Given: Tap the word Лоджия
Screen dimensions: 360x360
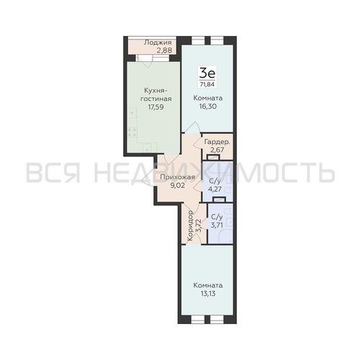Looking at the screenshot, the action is coord(158,42).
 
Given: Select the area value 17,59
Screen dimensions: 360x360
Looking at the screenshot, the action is coord(156,107).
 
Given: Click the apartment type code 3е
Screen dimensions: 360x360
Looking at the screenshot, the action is coord(207,73).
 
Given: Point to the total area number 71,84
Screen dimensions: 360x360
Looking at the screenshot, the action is coord(207,84).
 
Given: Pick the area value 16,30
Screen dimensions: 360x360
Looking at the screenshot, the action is coord(208,106).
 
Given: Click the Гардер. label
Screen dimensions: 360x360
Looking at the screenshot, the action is coord(217,142).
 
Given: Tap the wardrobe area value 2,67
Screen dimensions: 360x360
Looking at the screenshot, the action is coord(217,150).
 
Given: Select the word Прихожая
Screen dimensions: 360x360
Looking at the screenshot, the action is coord(177,177).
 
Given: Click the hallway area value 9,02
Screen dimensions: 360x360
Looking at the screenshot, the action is coord(177,186).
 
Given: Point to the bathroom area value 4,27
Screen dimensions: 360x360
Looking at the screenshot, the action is coord(215,189).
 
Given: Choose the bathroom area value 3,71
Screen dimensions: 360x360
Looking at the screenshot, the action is coord(217,225).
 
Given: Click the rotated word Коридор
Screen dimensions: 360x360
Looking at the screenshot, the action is coord(190,225).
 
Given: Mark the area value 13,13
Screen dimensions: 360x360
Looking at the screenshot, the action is coord(208,294).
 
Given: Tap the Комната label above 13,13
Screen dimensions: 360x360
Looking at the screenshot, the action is coord(208,285).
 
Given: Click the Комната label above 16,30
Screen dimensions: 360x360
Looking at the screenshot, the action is coord(208,98).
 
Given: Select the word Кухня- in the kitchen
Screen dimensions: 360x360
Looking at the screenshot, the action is coord(156,91).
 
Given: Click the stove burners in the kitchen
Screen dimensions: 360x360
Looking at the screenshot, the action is coord(132,132).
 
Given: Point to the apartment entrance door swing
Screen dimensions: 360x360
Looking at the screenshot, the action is coord(148,176).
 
